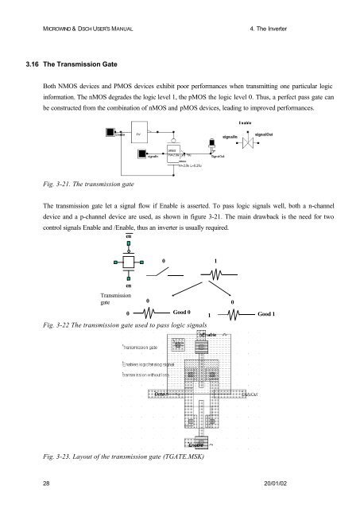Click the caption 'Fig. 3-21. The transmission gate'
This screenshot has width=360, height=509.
click(75, 182)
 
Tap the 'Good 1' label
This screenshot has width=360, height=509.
click(266, 315)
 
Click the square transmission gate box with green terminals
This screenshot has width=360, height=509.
click(127, 261)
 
